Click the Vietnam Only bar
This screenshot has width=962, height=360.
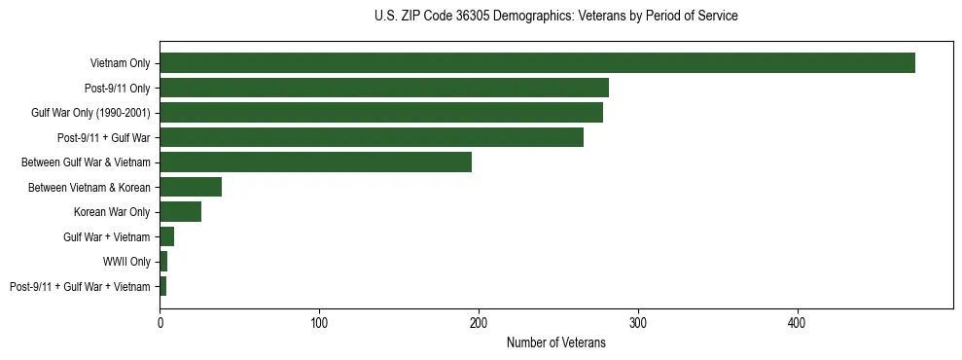[x=537, y=62]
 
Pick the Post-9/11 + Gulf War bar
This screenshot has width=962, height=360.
[x=372, y=137]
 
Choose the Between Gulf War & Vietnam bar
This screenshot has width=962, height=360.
[x=315, y=162]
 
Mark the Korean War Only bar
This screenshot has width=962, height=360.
[x=180, y=212]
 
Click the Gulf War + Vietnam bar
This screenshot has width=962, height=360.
[x=166, y=236]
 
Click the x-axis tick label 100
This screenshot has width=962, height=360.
[x=319, y=322]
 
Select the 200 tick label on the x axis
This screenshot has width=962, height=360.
[x=479, y=322]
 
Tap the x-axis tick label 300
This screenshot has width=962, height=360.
[x=638, y=322]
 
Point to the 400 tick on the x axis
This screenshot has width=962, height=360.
[x=798, y=322]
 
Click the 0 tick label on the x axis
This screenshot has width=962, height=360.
[x=160, y=322]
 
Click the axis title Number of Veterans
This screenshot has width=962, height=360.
[x=555, y=342]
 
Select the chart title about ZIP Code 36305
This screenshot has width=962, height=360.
[x=555, y=17]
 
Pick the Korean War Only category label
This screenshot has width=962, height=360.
[x=112, y=212]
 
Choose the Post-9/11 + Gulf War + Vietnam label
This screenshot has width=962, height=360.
[x=80, y=287]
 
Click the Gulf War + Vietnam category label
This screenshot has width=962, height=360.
[x=106, y=237]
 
